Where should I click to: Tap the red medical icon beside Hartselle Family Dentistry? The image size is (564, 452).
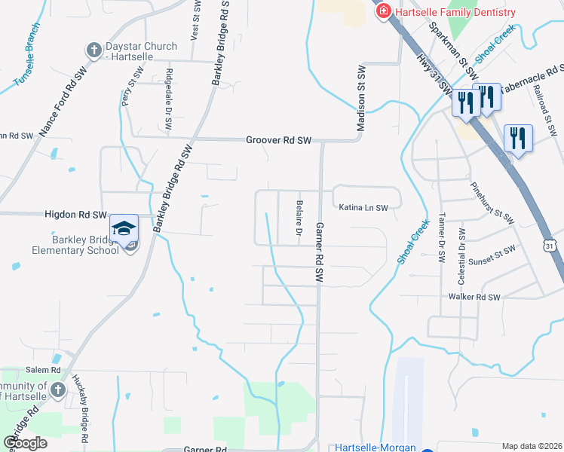tap(383, 11)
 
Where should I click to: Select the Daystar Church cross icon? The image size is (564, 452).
tap(93, 51)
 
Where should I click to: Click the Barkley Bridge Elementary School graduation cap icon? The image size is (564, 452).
tap(124, 228)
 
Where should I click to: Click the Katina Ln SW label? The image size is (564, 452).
tap(363, 207)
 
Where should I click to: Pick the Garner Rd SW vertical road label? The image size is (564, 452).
tap(319, 252)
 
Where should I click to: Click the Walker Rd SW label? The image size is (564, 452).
tap(474, 298)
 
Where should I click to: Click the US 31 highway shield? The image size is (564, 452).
tap(550, 246)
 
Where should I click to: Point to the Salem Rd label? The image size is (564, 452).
tap(43, 370)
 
